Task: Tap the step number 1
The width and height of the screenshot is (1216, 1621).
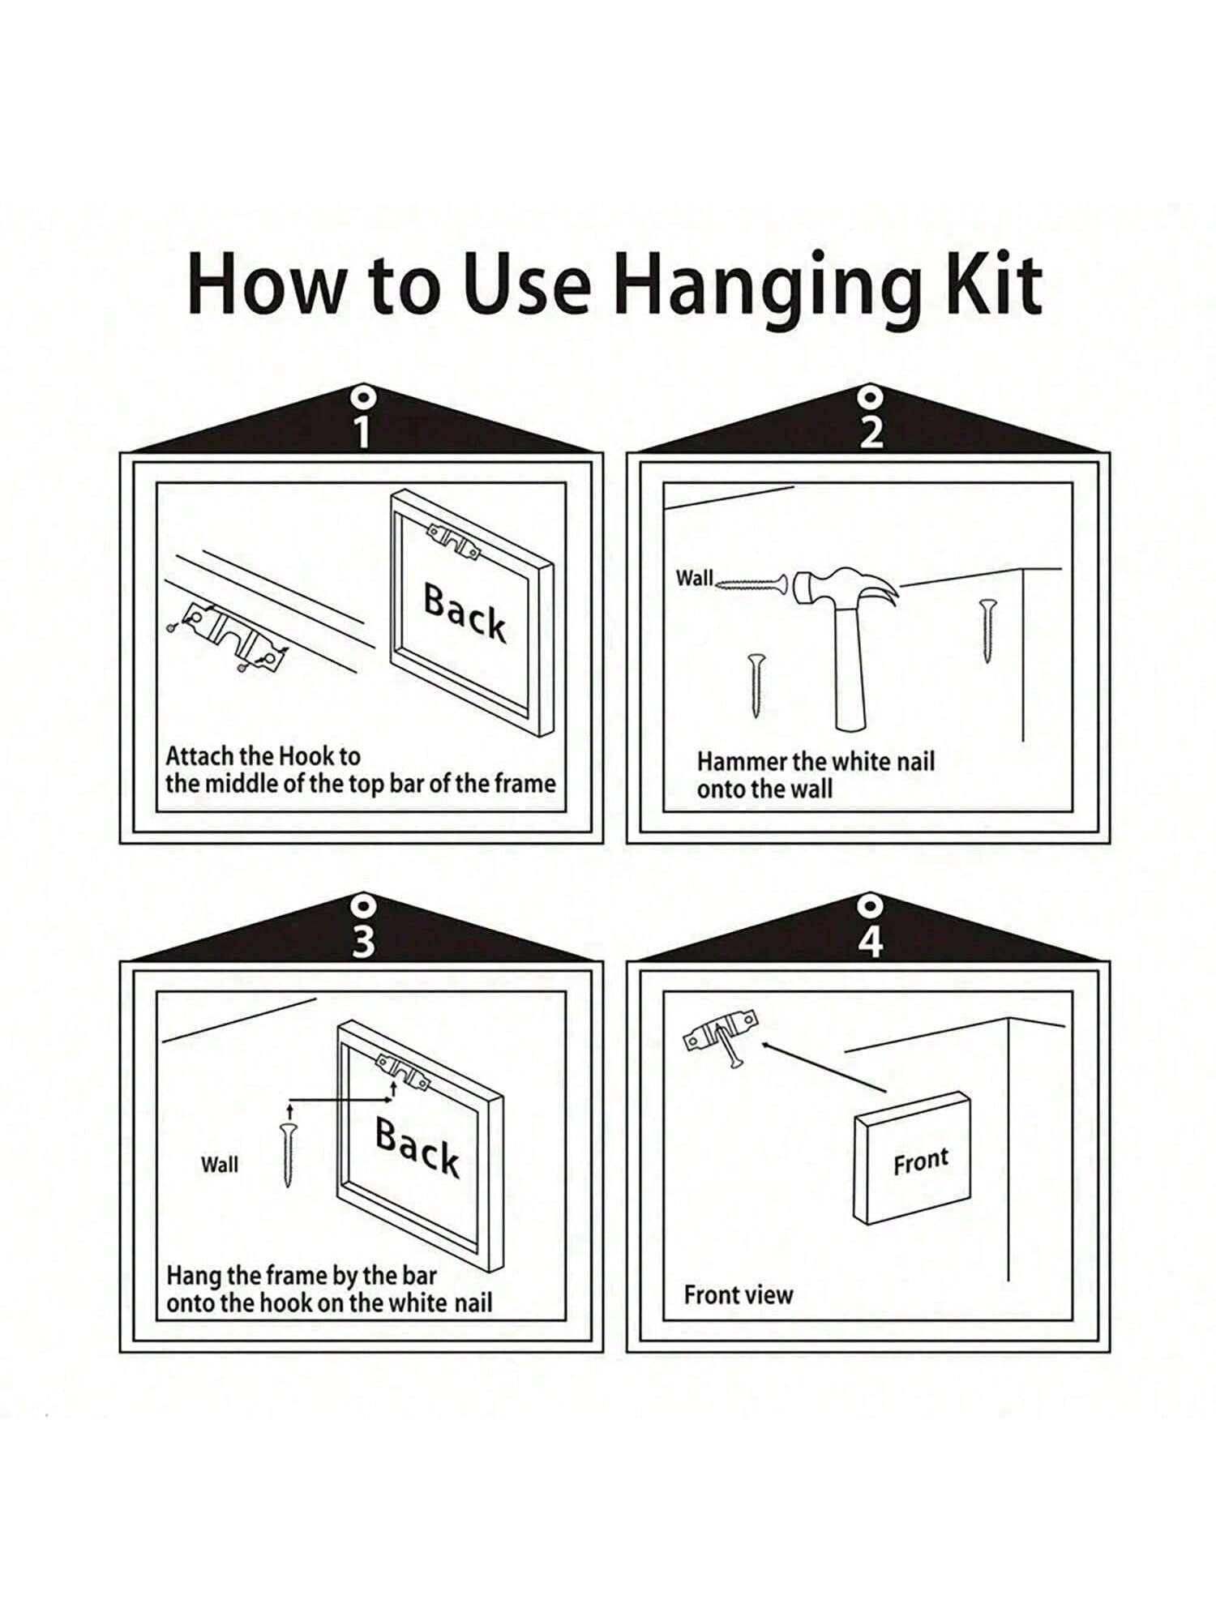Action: tap(362, 432)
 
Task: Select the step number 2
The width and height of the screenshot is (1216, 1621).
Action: tap(871, 432)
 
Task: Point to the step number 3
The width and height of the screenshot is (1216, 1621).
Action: tap(363, 941)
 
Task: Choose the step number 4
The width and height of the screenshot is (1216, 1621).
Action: tap(871, 941)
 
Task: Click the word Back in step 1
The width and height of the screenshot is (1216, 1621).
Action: tap(465, 613)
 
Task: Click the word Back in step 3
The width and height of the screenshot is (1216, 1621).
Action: tap(417, 1147)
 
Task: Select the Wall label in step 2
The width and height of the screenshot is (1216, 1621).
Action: tap(695, 578)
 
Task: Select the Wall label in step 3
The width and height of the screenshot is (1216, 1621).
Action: tap(220, 1165)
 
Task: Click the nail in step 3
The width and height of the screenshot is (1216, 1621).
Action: tap(289, 1155)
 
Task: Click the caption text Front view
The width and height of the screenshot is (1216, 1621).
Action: tap(738, 1295)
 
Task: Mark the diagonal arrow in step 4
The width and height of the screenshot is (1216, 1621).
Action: tap(824, 1067)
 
